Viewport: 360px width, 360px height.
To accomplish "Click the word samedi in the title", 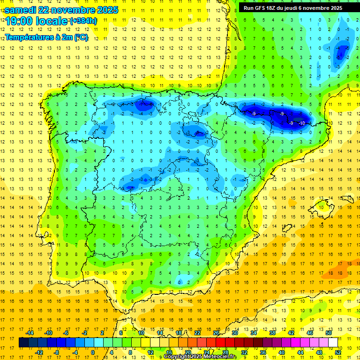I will [x=20, y=10].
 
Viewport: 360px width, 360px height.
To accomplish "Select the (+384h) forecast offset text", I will [x=83, y=21].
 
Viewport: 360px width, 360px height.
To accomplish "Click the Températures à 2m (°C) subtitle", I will [x=46, y=37].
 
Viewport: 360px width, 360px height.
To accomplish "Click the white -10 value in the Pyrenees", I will [x=302, y=123].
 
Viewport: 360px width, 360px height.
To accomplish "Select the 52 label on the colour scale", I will [x=337, y=352].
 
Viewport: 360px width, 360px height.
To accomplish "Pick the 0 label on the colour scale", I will [x=93, y=352].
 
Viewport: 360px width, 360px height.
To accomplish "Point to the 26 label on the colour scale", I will [x=216, y=332].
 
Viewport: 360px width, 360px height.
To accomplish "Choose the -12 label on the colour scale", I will [x=39, y=352].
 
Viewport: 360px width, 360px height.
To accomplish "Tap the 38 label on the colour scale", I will [x=272, y=332].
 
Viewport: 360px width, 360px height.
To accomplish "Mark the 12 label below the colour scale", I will [x=150, y=352].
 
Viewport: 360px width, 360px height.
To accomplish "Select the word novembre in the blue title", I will [x=65, y=10].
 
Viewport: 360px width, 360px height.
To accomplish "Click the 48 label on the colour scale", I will [x=319, y=352].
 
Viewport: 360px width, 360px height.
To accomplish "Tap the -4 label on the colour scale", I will [x=75, y=352].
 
